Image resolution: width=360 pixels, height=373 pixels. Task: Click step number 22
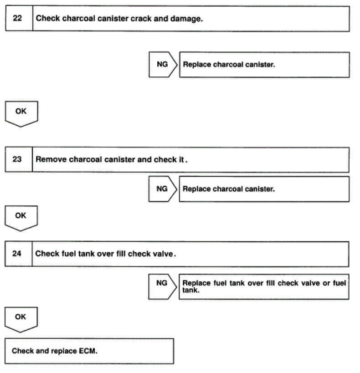pyautogui.click(x=17, y=18)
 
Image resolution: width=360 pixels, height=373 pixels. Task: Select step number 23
pyautogui.click(x=17, y=160)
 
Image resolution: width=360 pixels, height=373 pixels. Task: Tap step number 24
pyautogui.click(x=17, y=254)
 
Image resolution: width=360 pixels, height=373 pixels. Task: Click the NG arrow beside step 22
pyautogui.click(x=162, y=64)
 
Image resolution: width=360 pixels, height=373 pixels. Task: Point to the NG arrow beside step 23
pyautogui.click(x=162, y=189)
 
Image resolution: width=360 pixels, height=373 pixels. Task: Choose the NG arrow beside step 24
pyautogui.click(x=162, y=283)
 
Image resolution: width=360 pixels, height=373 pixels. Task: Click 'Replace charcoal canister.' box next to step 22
pyautogui.click(x=264, y=65)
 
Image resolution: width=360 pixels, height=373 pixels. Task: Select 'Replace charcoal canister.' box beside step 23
pyautogui.click(x=264, y=189)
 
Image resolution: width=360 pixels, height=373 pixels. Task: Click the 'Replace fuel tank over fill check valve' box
pyautogui.click(x=264, y=286)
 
